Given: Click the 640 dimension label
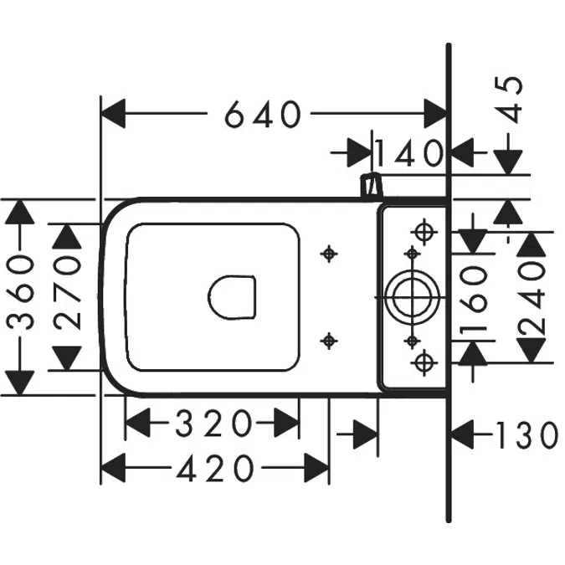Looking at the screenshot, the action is coord(263,114).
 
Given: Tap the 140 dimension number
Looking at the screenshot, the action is coord(408,153).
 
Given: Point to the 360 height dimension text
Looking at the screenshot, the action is coord(21,293).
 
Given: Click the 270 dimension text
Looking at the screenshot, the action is coord(67,293).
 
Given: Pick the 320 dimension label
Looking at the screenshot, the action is coord(213,423).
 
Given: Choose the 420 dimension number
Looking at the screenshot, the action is coord(215,468).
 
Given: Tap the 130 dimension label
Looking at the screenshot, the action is coord(527,435).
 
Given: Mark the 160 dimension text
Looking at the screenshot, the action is coord(473,298).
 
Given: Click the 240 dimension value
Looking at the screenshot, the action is coord(532,297).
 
